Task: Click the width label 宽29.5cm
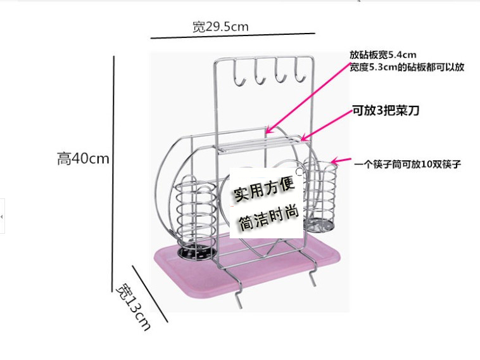point(220,27)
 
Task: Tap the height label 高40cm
point(83,159)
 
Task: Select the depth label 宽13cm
point(134,307)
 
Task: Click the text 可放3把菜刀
point(386,111)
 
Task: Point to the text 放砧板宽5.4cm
point(382,55)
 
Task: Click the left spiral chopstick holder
point(194,219)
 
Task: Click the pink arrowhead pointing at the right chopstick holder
point(336,162)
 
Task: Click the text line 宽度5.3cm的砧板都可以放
point(407,67)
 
